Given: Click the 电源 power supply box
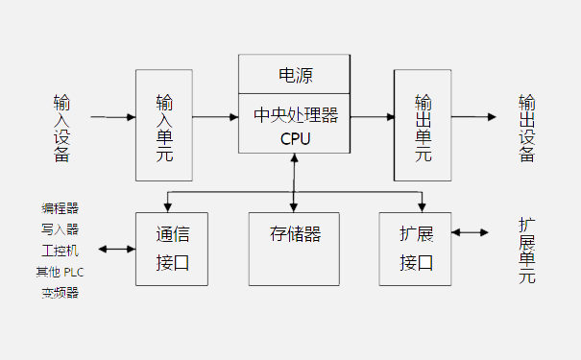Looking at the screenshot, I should pyautogui.click(x=295, y=74).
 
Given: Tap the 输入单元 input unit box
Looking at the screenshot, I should pyautogui.click(x=164, y=125).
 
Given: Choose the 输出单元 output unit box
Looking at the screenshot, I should pyautogui.click(x=423, y=125).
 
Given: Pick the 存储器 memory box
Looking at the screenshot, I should pyautogui.click(x=295, y=234).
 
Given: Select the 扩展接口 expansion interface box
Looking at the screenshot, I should pyautogui.click(x=415, y=248).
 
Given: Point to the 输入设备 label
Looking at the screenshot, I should pyautogui.click(x=62, y=128).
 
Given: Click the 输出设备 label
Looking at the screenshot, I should pyautogui.click(x=527, y=128).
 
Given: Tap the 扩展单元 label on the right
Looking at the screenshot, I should pyautogui.click(x=527, y=252).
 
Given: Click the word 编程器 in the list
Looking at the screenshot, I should pyautogui.click(x=60, y=207).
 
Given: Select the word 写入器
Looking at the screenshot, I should pyautogui.click(x=60, y=228).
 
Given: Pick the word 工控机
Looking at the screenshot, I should pyautogui.click(x=60, y=251).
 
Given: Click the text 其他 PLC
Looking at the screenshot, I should pyautogui.click(x=60, y=272).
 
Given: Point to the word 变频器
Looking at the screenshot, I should pyautogui.click(x=60, y=293).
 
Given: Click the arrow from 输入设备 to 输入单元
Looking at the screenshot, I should pyautogui.click(x=112, y=117).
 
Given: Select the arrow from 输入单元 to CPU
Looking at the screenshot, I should pyautogui.click(x=215, y=117).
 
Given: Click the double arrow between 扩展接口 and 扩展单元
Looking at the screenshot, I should pyautogui.click(x=470, y=232).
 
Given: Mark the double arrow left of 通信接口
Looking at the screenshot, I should pyautogui.click(x=116, y=250).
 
